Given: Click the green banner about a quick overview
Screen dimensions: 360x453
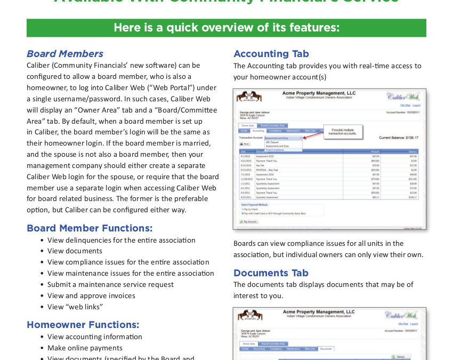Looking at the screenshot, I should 226,28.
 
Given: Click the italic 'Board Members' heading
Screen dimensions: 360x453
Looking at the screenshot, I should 65,54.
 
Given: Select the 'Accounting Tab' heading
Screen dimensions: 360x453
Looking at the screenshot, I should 271,54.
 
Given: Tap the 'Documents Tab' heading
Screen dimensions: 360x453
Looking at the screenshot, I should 271,273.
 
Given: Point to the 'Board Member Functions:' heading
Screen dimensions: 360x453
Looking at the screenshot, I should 90,228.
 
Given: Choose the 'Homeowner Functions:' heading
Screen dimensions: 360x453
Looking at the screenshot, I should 83,325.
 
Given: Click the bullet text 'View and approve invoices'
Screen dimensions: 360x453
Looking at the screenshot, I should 91,295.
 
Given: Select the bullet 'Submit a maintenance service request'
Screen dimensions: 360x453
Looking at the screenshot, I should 110,284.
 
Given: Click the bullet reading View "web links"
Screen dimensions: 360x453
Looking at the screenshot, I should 75,307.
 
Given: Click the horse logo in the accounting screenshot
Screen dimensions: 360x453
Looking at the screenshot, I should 248,97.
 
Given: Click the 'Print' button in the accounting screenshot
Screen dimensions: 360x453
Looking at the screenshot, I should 244,144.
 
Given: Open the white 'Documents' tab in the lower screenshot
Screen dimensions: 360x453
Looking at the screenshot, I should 326,349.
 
